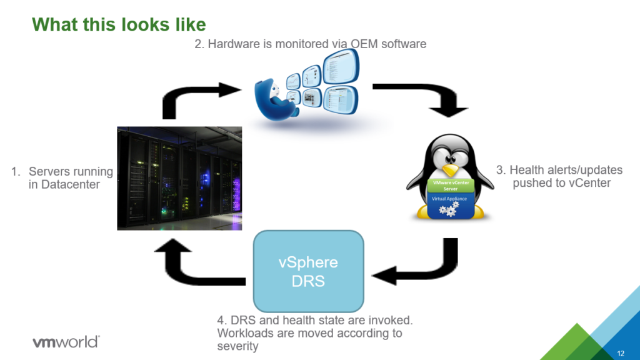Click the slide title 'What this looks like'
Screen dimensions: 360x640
119,24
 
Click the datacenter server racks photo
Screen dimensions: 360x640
179,177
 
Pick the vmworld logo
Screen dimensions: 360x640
65,342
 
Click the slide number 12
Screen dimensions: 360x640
621,353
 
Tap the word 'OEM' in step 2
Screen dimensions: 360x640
369,44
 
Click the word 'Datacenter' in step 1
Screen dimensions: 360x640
64,184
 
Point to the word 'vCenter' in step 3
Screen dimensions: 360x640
589,182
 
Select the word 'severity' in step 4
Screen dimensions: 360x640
237,346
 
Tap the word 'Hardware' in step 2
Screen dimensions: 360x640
231,44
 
